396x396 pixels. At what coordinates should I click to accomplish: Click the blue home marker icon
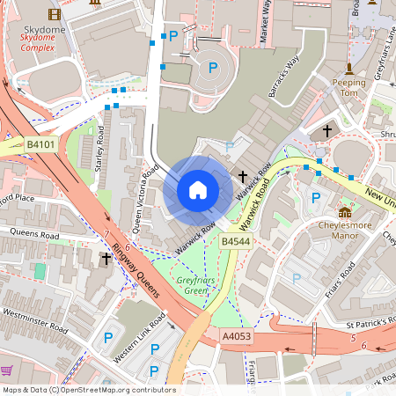(198, 190)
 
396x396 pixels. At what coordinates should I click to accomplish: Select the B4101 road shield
(40, 143)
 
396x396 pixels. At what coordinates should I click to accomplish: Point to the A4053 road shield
(237, 335)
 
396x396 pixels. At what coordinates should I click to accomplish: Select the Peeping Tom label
(348, 87)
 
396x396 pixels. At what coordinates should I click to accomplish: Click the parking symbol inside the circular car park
(211, 67)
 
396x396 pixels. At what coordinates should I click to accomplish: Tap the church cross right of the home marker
(243, 177)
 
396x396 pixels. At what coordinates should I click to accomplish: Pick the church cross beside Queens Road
(106, 259)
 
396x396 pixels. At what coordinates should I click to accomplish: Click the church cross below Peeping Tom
(327, 130)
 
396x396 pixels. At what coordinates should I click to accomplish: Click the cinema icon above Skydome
(55, 14)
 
